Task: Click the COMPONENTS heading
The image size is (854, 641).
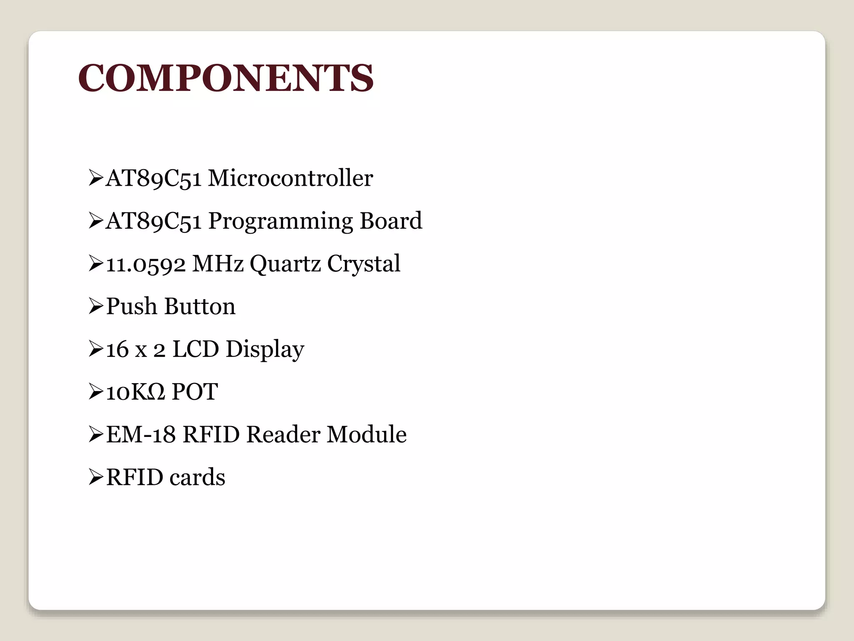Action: (226, 78)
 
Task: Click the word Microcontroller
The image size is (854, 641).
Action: (290, 178)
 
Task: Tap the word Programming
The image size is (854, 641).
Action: (280, 222)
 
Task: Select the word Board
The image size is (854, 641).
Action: (391, 221)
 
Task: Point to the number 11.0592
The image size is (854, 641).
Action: (146, 265)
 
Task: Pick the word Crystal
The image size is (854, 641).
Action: (363, 265)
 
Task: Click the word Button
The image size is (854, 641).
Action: (200, 306)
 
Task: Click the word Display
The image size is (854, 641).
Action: (265, 350)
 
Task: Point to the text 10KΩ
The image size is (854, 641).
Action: (136, 392)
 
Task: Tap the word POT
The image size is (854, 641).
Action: (195, 392)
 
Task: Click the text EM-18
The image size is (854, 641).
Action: (141, 434)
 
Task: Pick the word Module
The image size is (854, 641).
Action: (367, 434)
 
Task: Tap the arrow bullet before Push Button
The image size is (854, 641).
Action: (95, 307)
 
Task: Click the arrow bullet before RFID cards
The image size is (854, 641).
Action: (95, 477)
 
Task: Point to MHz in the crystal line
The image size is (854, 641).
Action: (218, 264)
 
